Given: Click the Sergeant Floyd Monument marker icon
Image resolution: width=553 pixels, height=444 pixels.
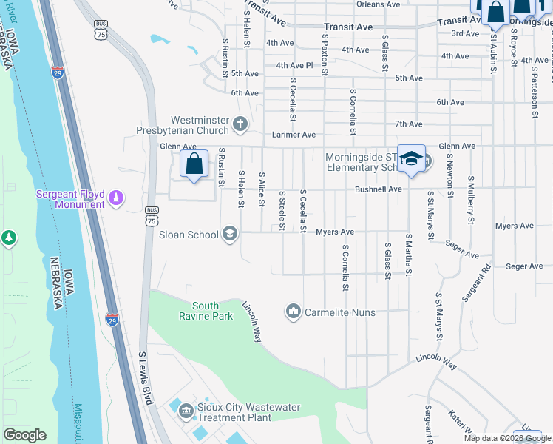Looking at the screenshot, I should click(115, 198).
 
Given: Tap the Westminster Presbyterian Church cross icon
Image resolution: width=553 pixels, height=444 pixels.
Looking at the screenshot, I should click(240, 124).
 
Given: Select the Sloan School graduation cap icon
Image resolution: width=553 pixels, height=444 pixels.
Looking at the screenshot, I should click(229, 235).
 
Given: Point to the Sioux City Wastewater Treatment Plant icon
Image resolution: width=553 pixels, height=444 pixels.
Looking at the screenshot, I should click(186, 409).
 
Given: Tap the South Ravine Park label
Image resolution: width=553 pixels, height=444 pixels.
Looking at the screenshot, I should click(212, 311).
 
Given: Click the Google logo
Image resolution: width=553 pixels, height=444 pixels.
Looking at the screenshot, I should click(24, 435).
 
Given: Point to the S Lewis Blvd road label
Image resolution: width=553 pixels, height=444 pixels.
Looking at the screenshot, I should click(145, 378).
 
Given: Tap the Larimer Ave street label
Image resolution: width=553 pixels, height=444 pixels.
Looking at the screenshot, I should click(294, 135).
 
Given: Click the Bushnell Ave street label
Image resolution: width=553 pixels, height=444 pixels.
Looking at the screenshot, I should click(378, 189).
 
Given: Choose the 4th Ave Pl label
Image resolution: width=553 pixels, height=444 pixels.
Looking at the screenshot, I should click(295, 65).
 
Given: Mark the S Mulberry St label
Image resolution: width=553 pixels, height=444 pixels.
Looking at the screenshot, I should click(469, 200).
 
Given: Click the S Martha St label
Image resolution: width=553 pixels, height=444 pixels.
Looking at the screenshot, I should click(407, 255).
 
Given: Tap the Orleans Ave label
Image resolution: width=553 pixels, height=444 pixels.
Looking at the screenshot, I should click(379, 4).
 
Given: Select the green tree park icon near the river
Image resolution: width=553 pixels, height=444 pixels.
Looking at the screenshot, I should click(8, 238).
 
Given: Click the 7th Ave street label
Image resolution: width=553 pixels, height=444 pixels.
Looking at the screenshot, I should click(408, 124).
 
